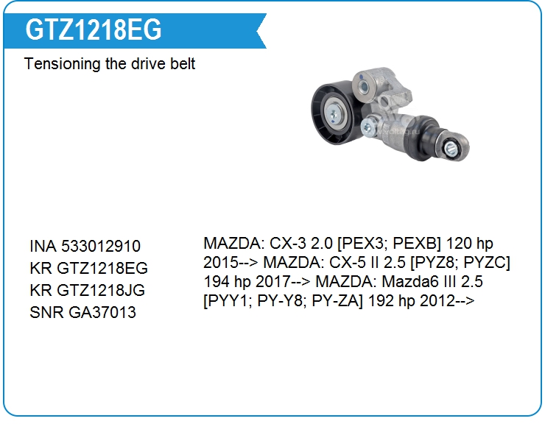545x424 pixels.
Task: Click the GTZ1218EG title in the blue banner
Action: pos(93,29)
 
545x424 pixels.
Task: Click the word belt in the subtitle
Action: pos(183,63)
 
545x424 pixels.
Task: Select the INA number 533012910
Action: pos(101,246)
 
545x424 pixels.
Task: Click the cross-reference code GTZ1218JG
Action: pos(101,290)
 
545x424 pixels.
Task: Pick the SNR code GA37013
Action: pos(102,312)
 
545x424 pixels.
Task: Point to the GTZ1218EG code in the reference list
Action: pos(102,268)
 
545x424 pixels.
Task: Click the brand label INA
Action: pos(43,246)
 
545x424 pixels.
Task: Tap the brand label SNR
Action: pos(46,312)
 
